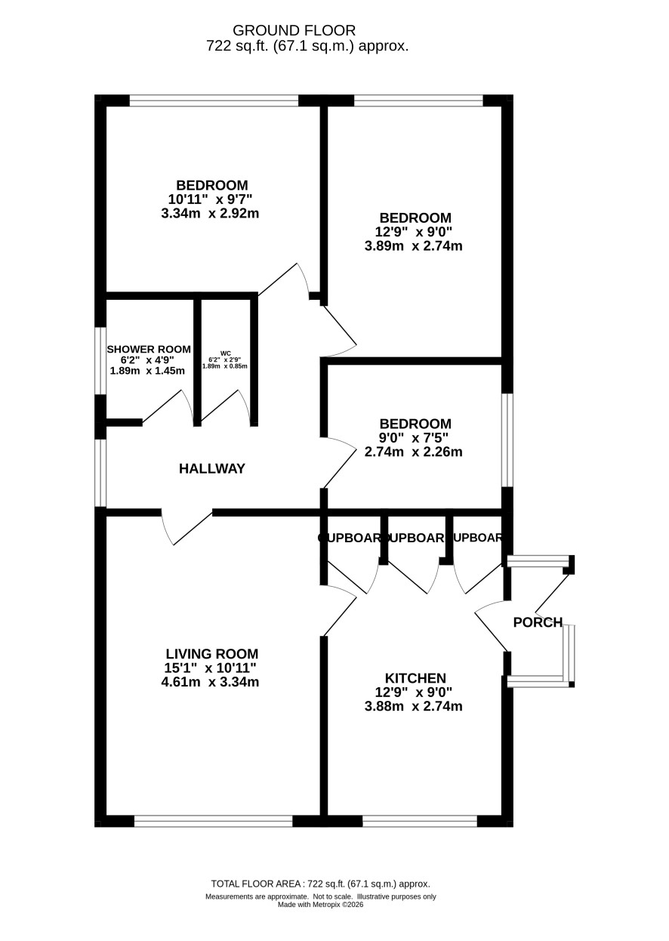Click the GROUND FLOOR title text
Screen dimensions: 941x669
[294, 30]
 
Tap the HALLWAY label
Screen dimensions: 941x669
[212, 469]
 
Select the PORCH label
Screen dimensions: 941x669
[538, 622]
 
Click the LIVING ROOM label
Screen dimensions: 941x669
[212, 654]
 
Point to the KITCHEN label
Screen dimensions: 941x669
[415, 678]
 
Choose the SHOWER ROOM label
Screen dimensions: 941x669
[149, 349]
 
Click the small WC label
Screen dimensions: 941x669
[225, 353]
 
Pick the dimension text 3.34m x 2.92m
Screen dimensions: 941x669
[212, 213]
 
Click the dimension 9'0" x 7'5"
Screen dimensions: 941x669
[415, 438]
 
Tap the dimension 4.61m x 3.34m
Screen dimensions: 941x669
[212, 683]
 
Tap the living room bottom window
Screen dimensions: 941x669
[214, 820]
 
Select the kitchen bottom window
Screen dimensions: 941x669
[420, 820]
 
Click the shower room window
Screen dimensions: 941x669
[100, 360]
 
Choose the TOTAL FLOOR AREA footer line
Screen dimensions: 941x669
[320, 884]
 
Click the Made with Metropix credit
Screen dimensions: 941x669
[320, 904]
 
